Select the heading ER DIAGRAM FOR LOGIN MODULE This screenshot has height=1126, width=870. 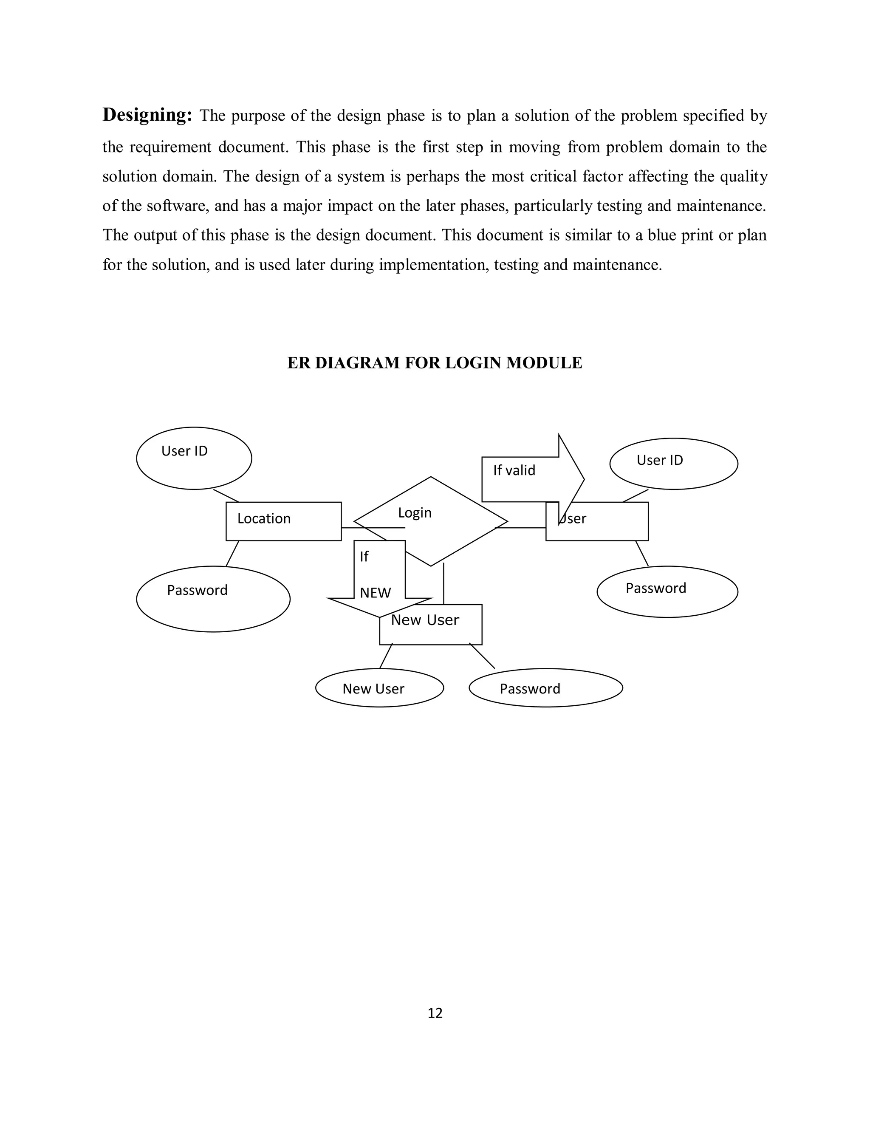tap(435, 363)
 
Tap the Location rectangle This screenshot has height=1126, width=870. tap(283, 521)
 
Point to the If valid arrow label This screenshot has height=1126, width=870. tap(514, 470)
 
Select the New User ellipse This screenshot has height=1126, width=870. tap(379, 688)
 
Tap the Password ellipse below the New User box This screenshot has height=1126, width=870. tap(546, 688)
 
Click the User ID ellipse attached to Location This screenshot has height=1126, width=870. tap(194, 458)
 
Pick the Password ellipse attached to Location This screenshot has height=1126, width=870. tap(213, 599)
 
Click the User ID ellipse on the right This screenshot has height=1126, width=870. tap(673, 464)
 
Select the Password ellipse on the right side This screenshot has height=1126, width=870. tap(667, 591)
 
